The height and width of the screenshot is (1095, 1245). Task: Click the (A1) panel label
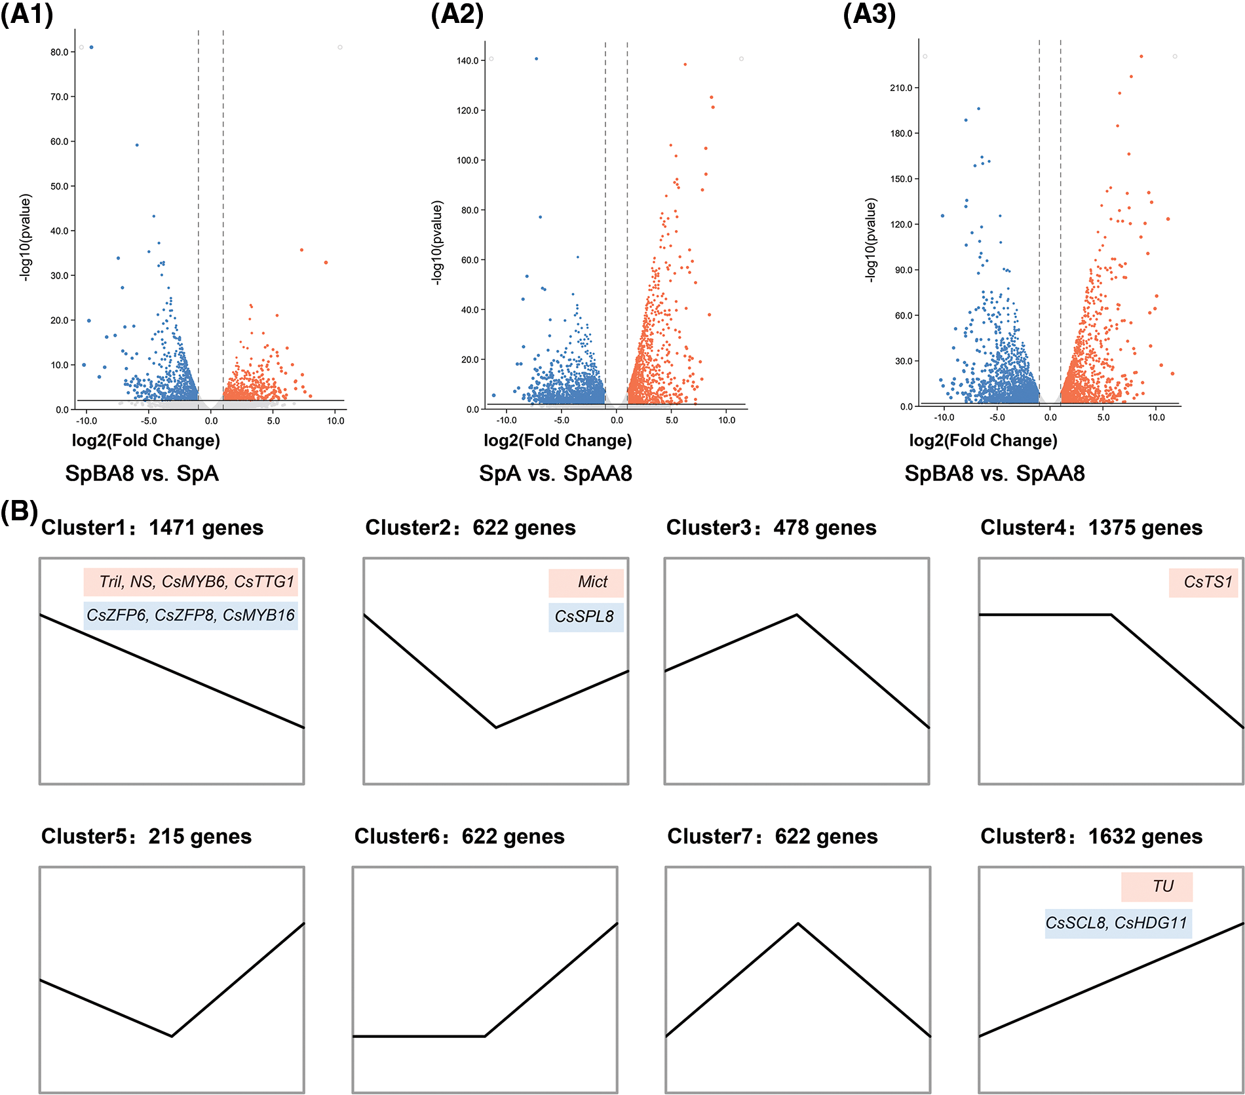[x=27, y=14]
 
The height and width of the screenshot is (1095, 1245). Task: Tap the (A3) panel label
[x=869, y=14]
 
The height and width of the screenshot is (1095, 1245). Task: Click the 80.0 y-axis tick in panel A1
[x=60, y=52]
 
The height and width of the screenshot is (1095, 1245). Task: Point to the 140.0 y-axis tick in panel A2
[x=467, y=61]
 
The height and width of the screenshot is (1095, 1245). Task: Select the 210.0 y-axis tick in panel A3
[x=900, y=88]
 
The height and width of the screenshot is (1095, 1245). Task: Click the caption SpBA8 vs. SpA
[x=142, y=473]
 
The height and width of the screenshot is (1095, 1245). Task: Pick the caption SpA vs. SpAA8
[x=556, y=473]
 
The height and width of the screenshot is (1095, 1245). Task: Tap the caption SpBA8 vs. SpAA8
[x=995, y=473]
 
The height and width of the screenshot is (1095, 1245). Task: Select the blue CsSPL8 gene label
[x=584, y=617]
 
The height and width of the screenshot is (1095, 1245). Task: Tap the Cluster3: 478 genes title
[x=771, y=528]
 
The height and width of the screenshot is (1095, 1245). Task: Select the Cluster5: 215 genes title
[x=146, y=836]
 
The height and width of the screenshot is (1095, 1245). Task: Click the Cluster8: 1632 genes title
[x=1091, y=836]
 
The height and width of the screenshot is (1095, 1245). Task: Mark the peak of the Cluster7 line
[x=797, y=923]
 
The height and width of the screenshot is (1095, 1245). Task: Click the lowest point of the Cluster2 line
[x=496, y=727]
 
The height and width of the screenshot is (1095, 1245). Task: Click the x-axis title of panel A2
[x=558, y=440]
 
